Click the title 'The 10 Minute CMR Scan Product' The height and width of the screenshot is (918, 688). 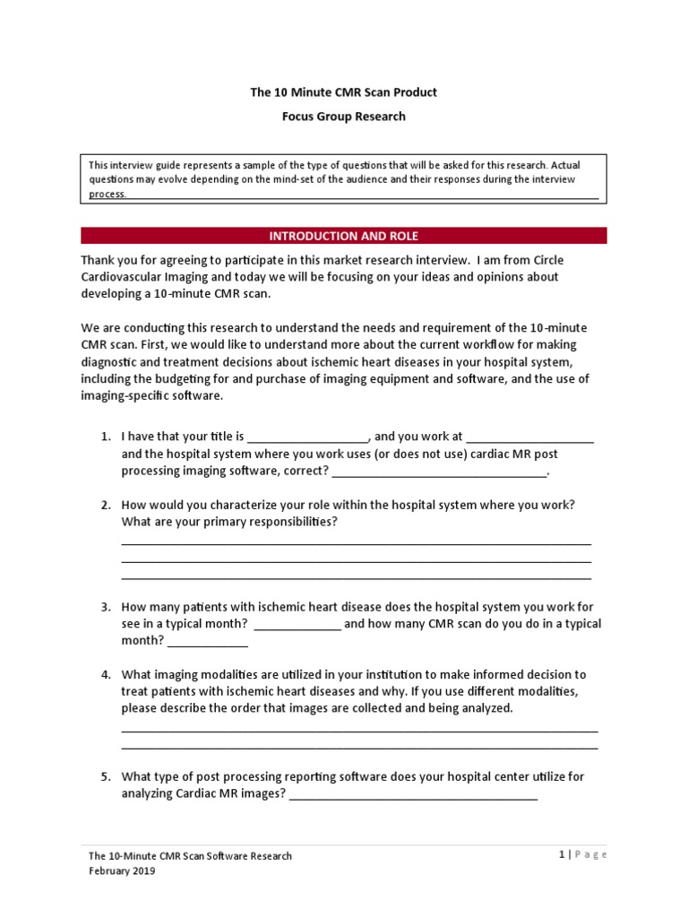(344, 92)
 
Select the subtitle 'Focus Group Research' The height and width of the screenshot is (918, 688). (344, 116)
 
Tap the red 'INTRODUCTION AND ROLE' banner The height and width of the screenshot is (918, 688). (344, 236)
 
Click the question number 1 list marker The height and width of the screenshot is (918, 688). (106, 437)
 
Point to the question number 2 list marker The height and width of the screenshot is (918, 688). (106, 505)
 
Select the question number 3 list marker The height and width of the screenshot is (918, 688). (106, 607)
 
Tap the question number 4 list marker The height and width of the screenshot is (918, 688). (106, 675)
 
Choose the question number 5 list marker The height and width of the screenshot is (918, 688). (106, 777)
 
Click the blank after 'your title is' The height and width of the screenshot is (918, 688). (307, 439)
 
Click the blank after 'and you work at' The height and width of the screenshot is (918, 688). (529, 439)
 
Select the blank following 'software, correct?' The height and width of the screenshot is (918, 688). (438, 473)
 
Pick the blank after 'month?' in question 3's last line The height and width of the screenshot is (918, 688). (208, 644)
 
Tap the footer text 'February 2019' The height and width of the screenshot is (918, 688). (122, 871)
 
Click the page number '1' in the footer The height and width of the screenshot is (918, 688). (560, 855)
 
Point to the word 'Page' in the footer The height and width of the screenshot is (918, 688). (591, 855)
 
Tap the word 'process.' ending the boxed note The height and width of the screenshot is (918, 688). (107, 194)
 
